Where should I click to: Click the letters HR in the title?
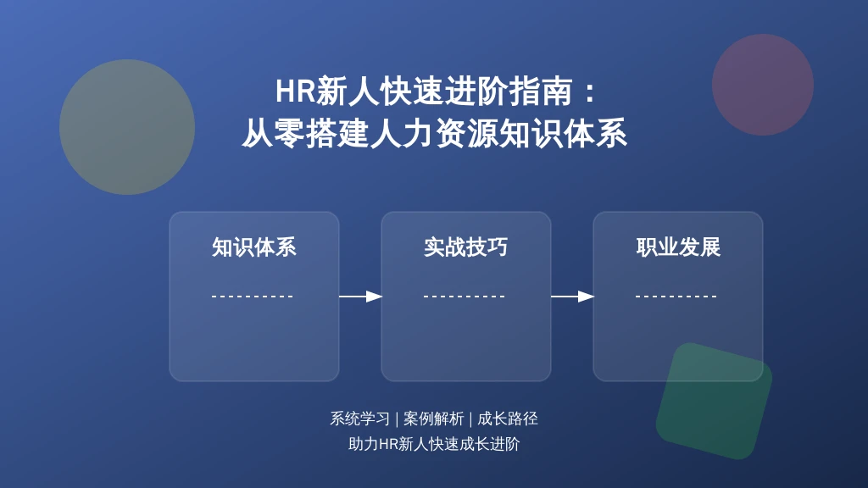pos(295,91)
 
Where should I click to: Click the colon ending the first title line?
pos(590,91)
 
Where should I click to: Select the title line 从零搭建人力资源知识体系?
pos(435,133)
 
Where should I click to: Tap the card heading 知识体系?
pos(254,247)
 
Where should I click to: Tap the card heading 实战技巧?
pos(466,247)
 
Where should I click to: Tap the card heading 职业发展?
pos(678,247)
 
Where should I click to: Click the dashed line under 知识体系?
pos(253,297)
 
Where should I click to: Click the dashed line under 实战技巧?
pos(465,297)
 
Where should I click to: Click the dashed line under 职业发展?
pos(676,297)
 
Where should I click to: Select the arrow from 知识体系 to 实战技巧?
pos(360,297)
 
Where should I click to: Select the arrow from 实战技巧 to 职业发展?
pos(572,297)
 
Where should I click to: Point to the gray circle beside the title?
pos(127,127)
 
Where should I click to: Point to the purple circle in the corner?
pos(763,85)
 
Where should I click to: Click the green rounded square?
pos(714,401)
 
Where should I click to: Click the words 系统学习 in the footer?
pos(359,419)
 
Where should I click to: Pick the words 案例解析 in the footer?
pos(433,419)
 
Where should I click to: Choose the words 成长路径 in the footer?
pos(508,419)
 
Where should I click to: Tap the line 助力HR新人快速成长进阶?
pos(434,444)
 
